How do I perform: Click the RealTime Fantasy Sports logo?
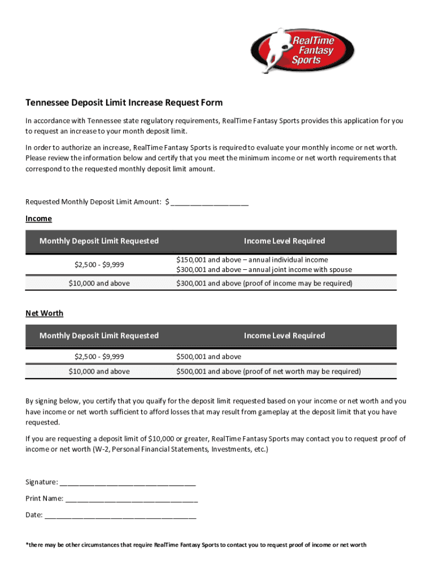click(302, 50)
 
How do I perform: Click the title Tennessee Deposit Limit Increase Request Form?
click(124, 103)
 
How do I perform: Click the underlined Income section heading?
click(38, 218)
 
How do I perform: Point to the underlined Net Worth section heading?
click(44, 313)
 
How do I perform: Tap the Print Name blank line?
click(131, 498)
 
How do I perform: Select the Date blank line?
click(120, 515)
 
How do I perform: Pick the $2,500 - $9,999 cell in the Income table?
click(99, 264)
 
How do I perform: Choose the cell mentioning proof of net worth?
click(268, 371)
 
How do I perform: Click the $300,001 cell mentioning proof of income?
click(264, 283)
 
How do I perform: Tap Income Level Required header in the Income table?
click(284, 241)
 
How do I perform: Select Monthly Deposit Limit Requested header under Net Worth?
click(99, 336)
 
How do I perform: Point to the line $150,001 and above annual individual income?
click(251, 260)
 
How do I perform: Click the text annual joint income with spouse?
click(297, 270)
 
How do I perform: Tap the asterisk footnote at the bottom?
click(195, 545)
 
